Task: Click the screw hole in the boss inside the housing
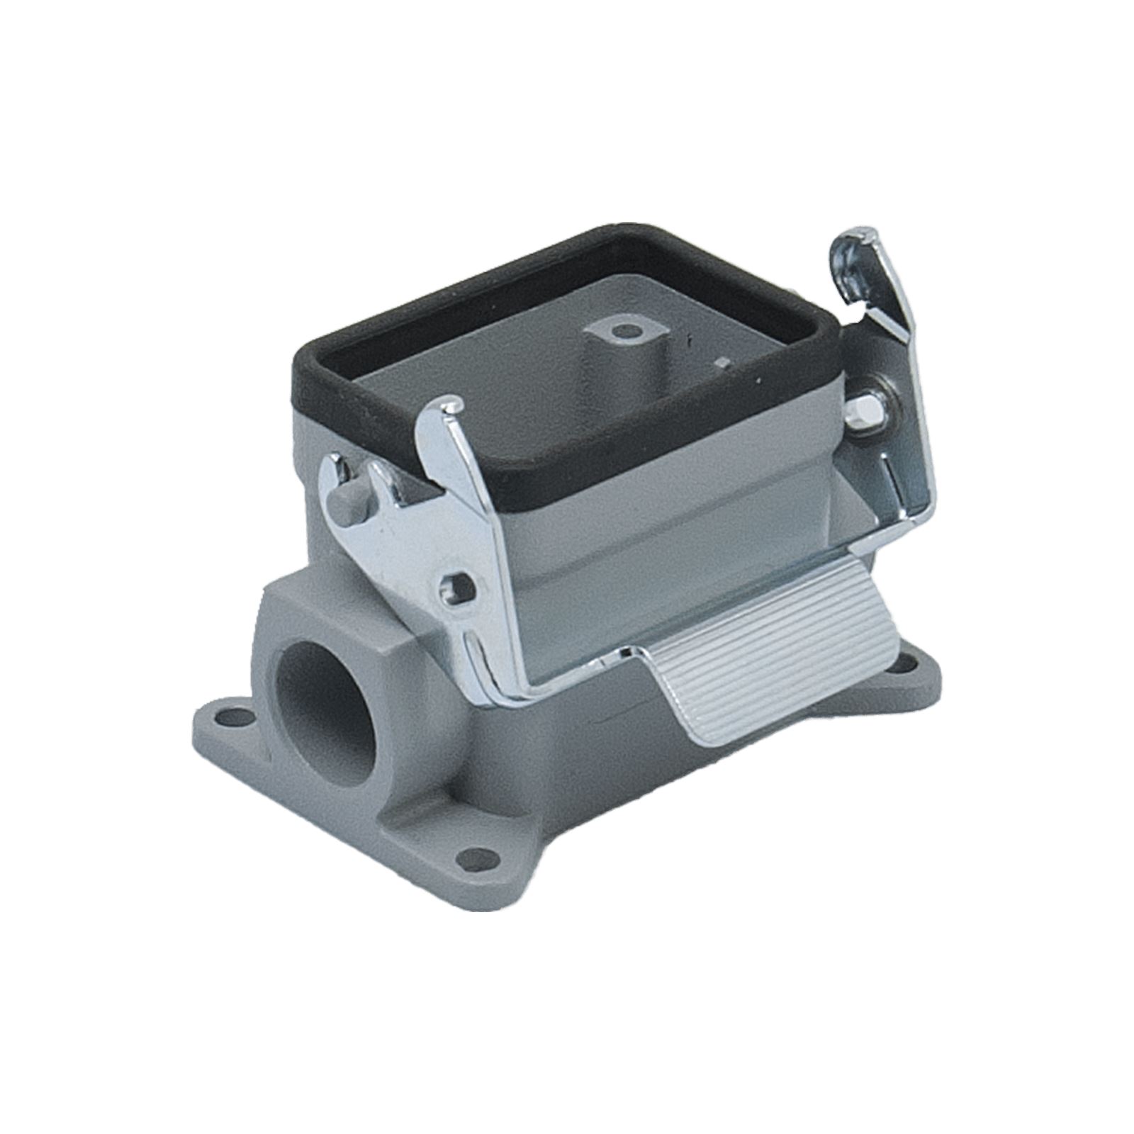[622, 330]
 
